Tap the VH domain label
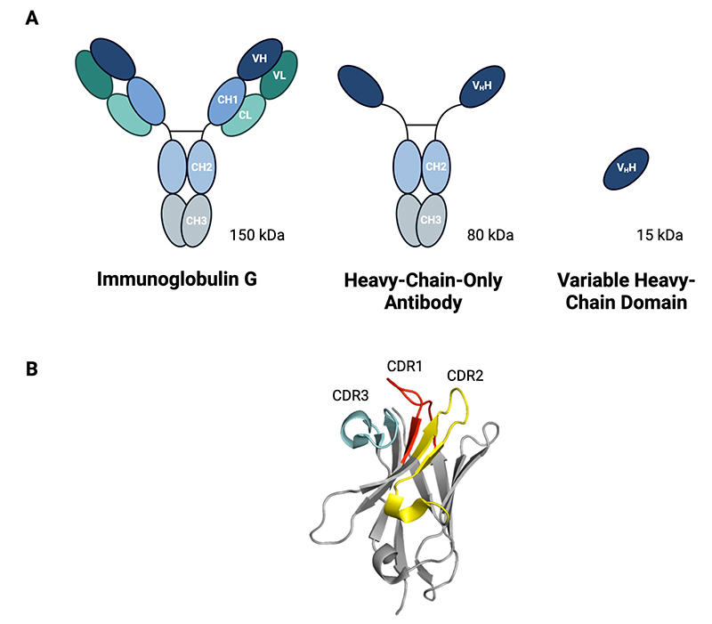pyautogui.click(x=260, y=58)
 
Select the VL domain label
pyautogui.click(x=279, y=77)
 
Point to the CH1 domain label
pyautogui.click(x=227, y=99)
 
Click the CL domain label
pyautogui.click(x=245, y=114)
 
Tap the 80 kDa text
pyautogui.click(x=490, y=236)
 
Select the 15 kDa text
pyautogui.click(x=659, y=236)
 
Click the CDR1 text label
pyautogui.click(x=405, y=366)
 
